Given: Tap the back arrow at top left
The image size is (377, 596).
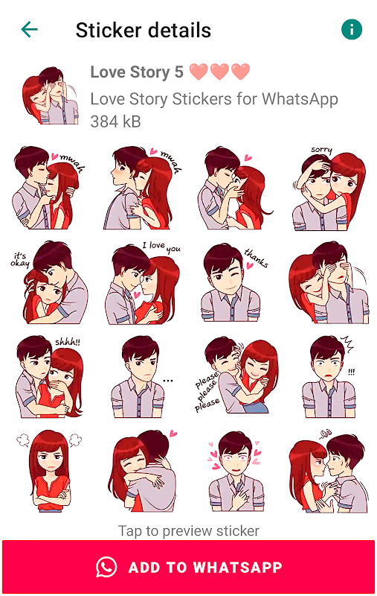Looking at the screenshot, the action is pyautogui.click(x=29, y=30).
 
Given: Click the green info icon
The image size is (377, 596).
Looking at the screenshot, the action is pyautogui.click(x=352, y=29).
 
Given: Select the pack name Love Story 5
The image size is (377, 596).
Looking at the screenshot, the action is pyautogui.click(x=137, y=72).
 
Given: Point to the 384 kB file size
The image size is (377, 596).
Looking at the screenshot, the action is pyautogui.click(x=115, y=122).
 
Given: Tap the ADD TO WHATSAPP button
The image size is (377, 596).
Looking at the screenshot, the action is pyautogui.click(x=189, y=567).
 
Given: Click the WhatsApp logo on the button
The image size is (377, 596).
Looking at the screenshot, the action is pyautogui.click(x=106, y=567).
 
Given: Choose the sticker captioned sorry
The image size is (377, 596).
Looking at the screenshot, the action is pyautogui.click(x=329, y=188).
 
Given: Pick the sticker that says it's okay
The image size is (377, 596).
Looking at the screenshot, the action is pyautogui.click(x=49, y=282).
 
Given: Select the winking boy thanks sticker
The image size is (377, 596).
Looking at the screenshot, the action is pyautogui.click(x=233, y=283).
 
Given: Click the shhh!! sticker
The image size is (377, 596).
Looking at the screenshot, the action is pyautogui.click(x=49, y=377).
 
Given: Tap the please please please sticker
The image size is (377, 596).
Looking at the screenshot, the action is pyautogui.click(x=236, y=375).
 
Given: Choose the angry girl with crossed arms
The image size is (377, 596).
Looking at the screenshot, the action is pyautogui.click(x=49, y=472).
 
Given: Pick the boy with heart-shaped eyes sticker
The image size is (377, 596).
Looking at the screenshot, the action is pyautogui.click(x=236, y=472).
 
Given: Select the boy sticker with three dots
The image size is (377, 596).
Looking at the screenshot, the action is pyautogui.click(x=141, y=377).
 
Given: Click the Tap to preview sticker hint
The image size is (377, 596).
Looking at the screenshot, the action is pyautogui.click(x=189, y=530).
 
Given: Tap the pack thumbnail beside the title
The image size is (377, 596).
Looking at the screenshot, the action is pyautogui.click(x=50, y=96).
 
